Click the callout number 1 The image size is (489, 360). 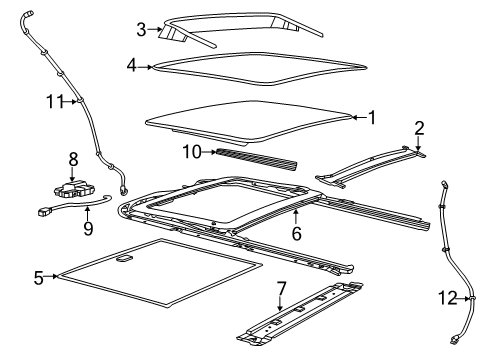coord(371,117)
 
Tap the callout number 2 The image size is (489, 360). coord(419,128)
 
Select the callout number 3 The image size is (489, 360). coord(142,29)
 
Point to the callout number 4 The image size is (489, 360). coord(132,67)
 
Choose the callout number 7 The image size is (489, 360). coord(281,289)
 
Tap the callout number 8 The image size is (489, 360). coord(72,158)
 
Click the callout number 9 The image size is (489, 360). coord(88,227)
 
